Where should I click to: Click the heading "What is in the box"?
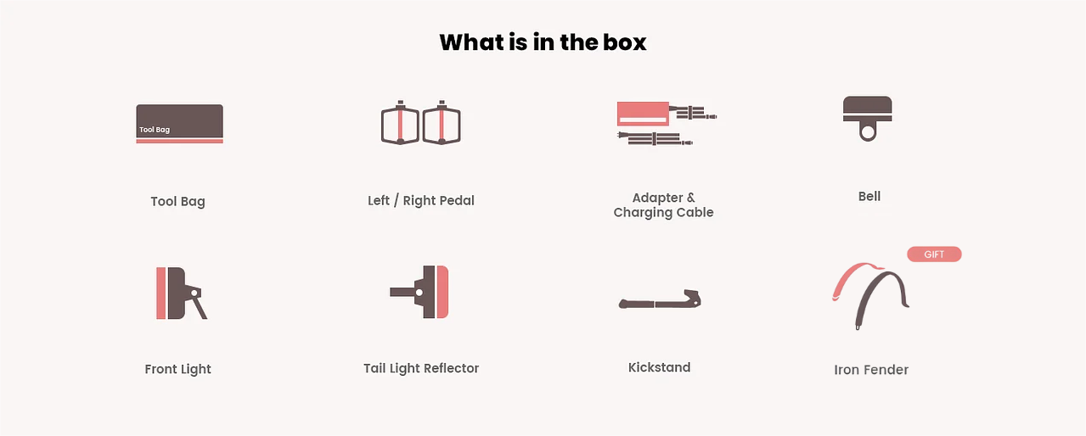point(543,42)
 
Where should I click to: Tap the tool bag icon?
point(179,124)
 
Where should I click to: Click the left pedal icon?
point(400,122)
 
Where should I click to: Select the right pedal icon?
point(442,122)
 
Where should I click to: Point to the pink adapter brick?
point(643,114)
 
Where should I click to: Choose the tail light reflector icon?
point(419,292)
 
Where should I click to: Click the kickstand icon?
point(660,299)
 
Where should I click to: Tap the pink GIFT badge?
point(934,254)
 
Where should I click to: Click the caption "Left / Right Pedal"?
point(421,200)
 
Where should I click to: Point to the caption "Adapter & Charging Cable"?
point(663,205)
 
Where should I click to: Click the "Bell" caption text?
point(869,196)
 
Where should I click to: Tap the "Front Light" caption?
point(178,369)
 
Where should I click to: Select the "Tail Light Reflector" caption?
point(421,368)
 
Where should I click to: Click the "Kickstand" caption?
point(660,367)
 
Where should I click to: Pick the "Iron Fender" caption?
point(871,370)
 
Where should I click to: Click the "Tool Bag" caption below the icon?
point(178,202)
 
